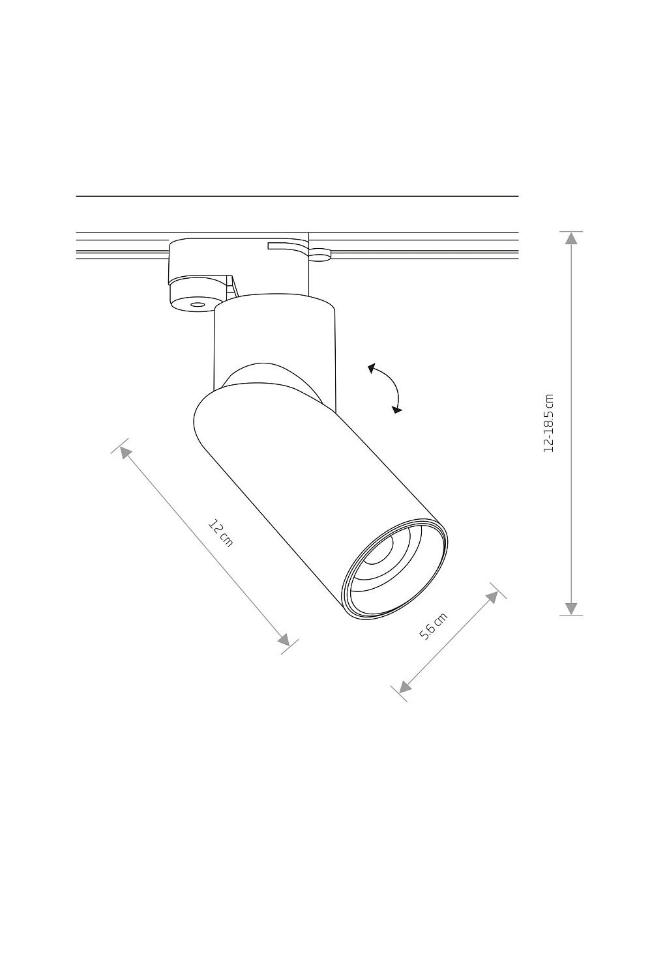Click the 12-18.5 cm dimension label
click(548, 423)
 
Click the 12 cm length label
click(220, 533)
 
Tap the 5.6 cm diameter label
click(434, 626)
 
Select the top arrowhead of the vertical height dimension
click(571, 238)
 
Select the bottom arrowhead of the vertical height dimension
click(571, 609)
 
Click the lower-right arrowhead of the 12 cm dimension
click(284, 640)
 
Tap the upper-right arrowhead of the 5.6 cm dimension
click(492, 597)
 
